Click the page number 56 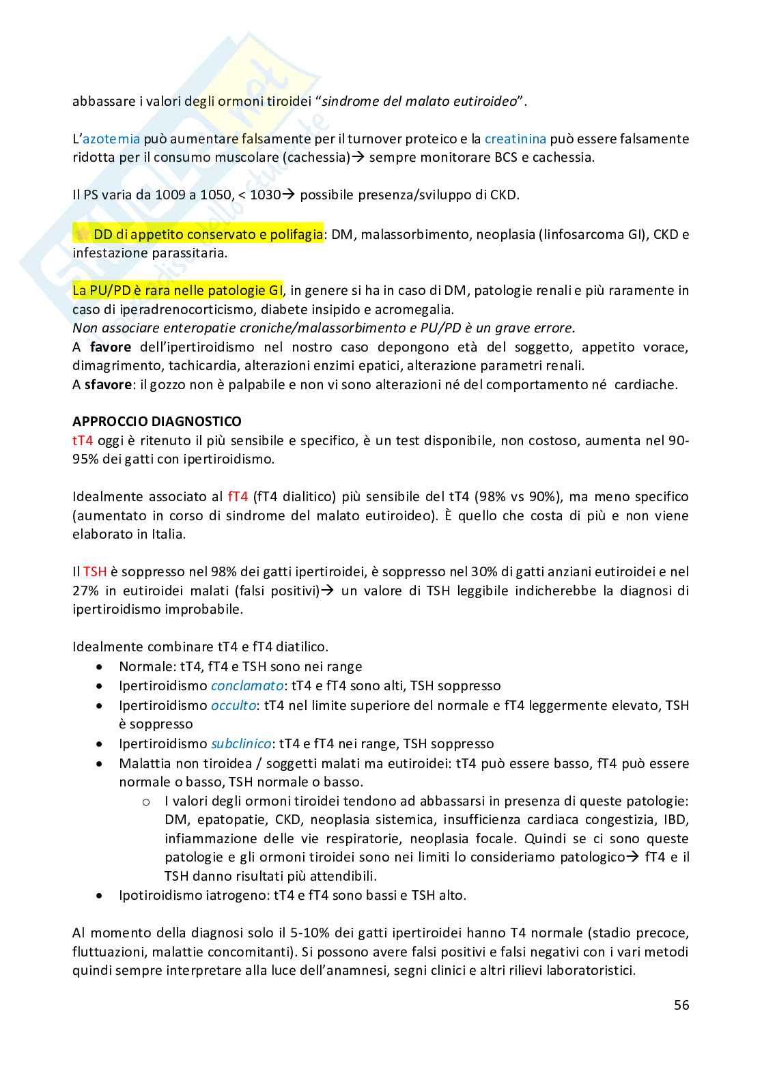(681, 1005)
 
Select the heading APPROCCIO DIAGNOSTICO (157, 421)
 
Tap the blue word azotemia (111, 139)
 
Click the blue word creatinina (515, 139)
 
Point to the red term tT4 (83, 440)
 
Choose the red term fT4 (238, 496)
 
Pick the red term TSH (95, 571)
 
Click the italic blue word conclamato (246, 685)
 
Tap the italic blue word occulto (234, 705)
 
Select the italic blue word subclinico (241, 743)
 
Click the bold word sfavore (108, 384)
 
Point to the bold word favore (110, 347)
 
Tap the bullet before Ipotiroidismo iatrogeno (100, 895)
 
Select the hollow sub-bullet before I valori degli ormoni (145, 802)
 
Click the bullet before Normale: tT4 (100, 666)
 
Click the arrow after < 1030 (288, 195)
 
